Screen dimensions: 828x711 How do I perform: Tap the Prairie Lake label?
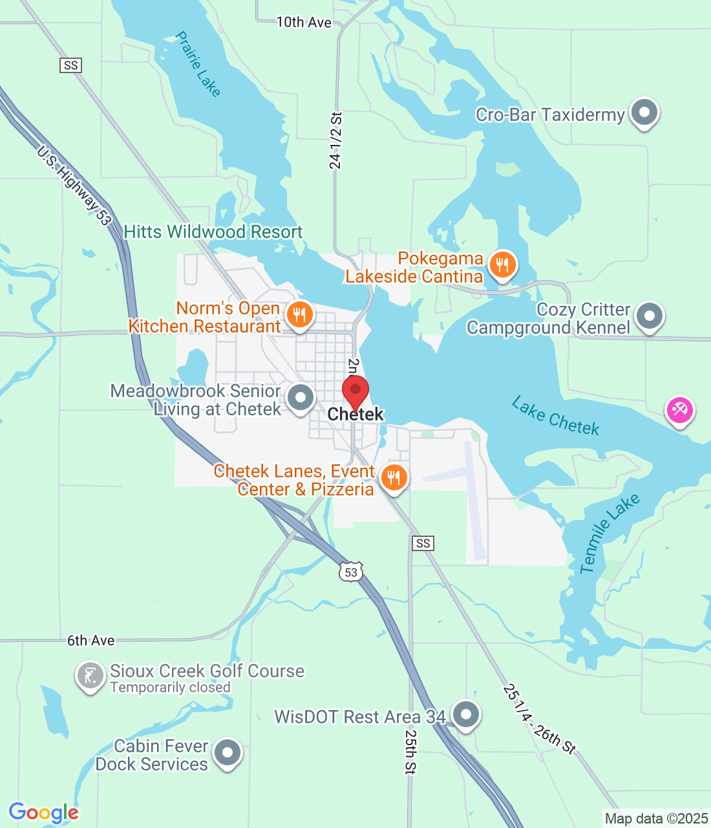coord(198,64)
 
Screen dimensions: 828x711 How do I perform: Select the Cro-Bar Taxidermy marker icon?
coord(643,113)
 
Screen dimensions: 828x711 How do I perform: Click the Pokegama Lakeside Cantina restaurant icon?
coord(502,265)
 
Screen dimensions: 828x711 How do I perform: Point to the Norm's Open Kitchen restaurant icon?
coord(299,315)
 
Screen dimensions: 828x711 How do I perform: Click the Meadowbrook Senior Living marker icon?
coord(301,398)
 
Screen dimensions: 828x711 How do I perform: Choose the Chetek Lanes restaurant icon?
coord(394,478)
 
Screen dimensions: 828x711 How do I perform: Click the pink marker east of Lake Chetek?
coord(680,409)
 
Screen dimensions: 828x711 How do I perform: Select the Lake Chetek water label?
coord(555,417)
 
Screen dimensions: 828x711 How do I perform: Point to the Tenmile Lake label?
coord(609,533)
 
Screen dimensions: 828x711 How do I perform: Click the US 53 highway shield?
coord(351,572)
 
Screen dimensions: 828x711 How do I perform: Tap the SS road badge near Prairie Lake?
coord(71,65)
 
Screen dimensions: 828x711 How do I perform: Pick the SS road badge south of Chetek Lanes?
coord(423,543)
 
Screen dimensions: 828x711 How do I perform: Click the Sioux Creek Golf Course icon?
coord(90,676)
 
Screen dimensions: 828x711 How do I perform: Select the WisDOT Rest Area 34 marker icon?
coord(465,715)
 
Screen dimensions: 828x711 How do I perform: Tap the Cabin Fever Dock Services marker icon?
coord(227,753)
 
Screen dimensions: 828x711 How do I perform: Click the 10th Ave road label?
coord(304,23)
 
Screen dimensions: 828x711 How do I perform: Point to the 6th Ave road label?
coord(91,640)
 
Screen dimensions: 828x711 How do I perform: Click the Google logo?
coord(44,812)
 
